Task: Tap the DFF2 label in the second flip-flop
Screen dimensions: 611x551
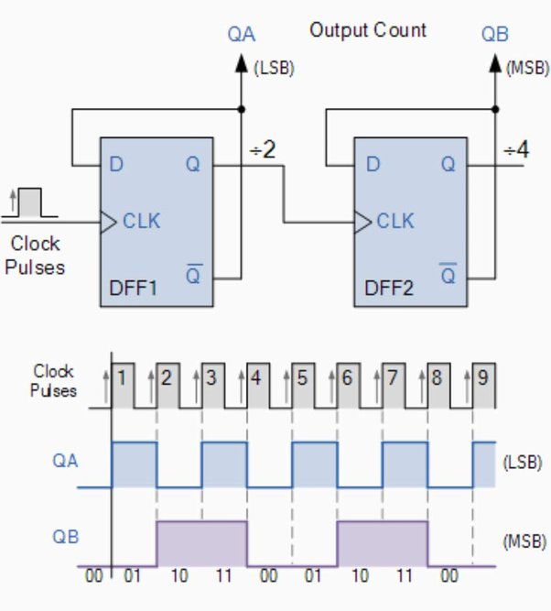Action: [x=390, y=288]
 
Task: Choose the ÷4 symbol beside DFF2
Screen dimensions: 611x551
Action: [x=516, y=148]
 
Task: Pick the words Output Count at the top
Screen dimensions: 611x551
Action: [x=368, y=29]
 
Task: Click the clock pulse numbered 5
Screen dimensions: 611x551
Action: [x=302, y=376]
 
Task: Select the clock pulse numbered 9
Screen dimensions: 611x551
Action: [x=482, y=376]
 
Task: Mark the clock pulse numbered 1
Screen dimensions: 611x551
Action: [x=122, y=376]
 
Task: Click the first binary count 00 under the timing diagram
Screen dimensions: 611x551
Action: [x=92, y=578]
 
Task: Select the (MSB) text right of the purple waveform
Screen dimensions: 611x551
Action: [x=524, y=540]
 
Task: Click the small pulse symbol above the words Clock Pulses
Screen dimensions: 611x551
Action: [x=29, y=202]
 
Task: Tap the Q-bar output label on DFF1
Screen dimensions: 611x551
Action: [x=193, y=273]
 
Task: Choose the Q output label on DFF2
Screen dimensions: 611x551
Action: [x=448, y=165]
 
